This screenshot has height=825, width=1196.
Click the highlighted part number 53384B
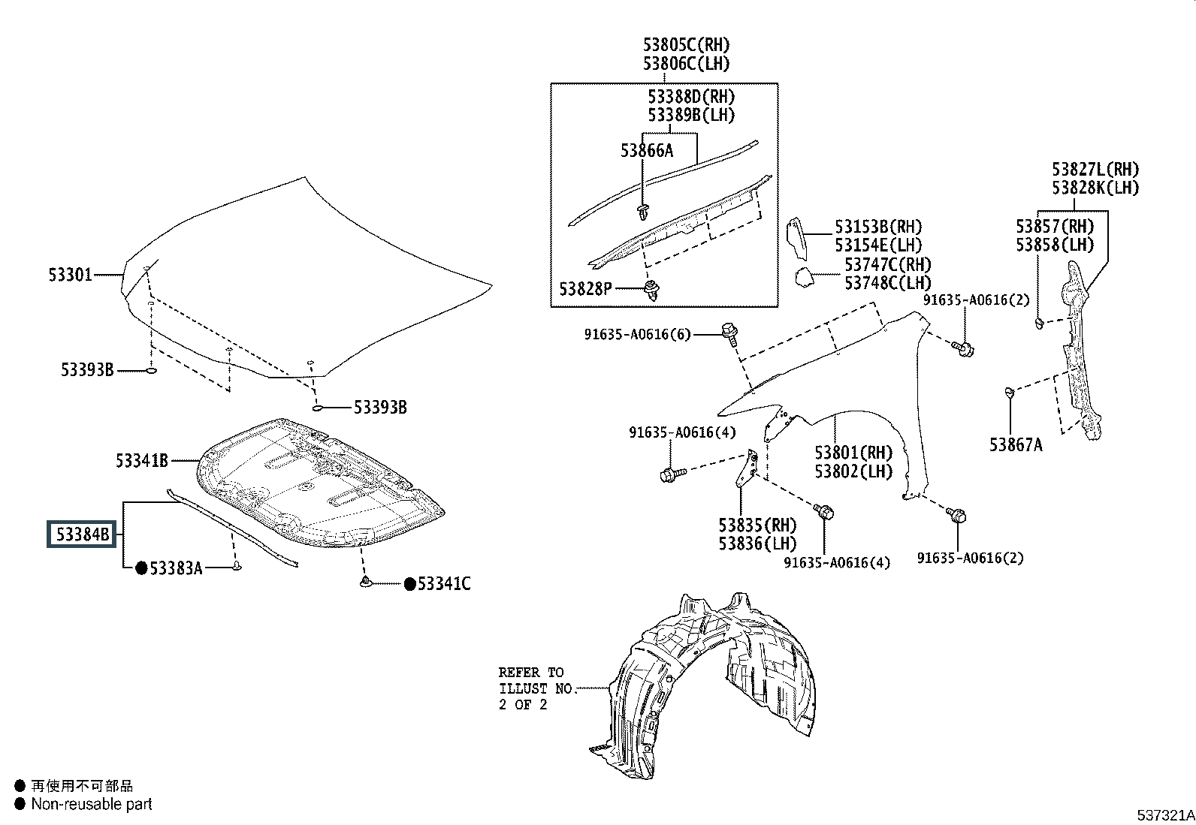tap(79, 535)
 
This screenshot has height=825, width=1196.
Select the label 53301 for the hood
tap(71, 275)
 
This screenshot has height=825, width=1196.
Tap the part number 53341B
tap(141, 460)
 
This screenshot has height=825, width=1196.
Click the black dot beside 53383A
tap(140, 568)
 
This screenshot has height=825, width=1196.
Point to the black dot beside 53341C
tap(409, 584)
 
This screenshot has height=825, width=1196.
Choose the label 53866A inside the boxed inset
tap(647, 151)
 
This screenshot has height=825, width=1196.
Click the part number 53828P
tap(585, 288)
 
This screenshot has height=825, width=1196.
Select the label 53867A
tap(1016, 445)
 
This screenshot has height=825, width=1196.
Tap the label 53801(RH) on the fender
tap(853, 453)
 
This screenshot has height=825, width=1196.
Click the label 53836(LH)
tap(757, 543)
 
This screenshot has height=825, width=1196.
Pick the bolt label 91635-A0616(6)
tap(637, 335)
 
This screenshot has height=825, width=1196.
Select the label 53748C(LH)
tap(887, 283)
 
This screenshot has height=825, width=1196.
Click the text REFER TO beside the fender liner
tap(530, 673)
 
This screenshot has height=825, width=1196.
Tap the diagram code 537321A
tap(1164, 815)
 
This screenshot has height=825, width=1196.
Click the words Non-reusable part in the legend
tap(92, 804)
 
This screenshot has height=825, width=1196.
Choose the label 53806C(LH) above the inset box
tap(686, 64)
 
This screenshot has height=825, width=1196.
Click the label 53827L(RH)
tap(1095, 170)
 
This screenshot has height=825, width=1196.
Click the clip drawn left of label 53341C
tap(366, 583)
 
